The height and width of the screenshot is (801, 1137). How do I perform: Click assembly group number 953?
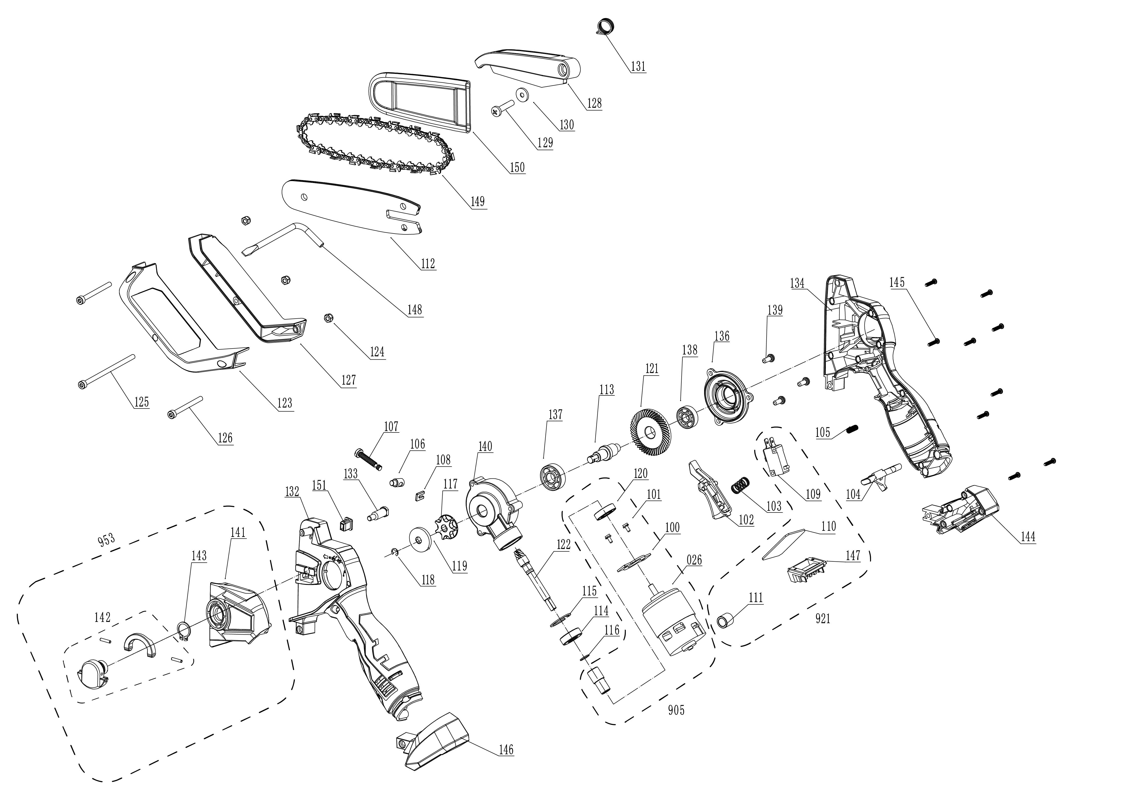tap(106, 539)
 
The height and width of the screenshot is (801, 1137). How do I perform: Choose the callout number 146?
tap(506, 749)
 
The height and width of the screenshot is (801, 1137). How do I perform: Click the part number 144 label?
tap(1028, 537)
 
